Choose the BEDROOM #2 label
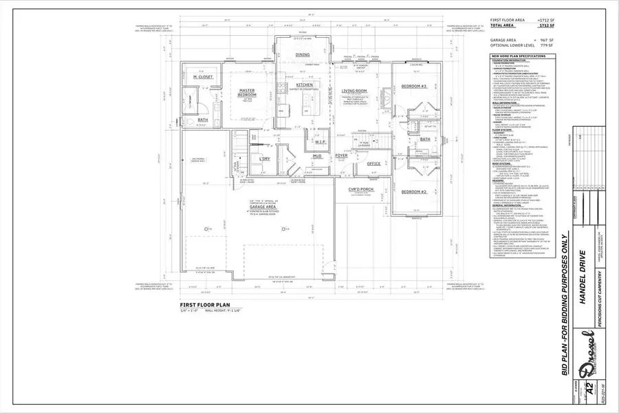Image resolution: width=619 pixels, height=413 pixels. [414, 172]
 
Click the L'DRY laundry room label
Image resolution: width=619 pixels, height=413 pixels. [265, 159]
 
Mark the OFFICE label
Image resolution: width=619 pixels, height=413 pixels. [373, 164]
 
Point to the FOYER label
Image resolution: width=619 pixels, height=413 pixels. [341, 156]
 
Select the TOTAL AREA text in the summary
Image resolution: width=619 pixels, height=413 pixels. [505, 25]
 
